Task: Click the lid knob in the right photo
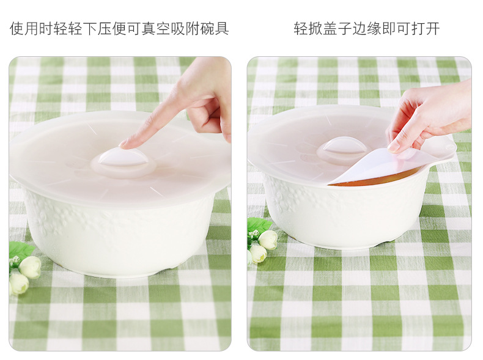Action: click(x=343, y=147)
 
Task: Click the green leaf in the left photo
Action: click(x=20, y=249)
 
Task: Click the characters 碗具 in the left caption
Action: click(x=214, y=29)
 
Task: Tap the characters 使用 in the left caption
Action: click(x=24, y=29)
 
